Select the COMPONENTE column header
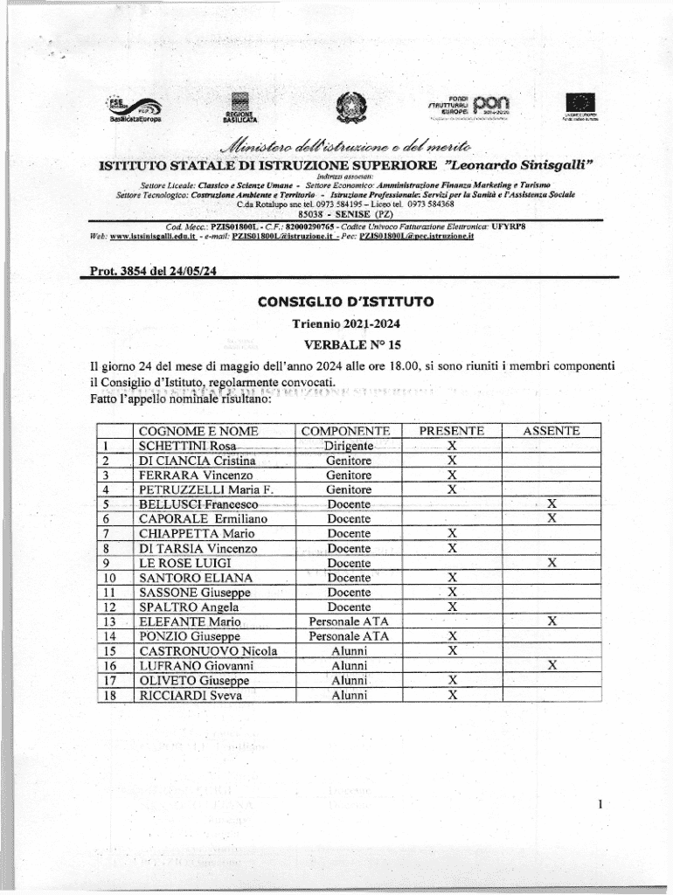(x=345, y=431)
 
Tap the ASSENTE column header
(x=551, y=431)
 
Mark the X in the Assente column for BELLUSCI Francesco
(x=551, y=504)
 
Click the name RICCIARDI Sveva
(x=190, y=696)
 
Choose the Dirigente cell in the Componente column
(x=348, y=446)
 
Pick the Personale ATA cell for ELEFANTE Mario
(x=349, y=621)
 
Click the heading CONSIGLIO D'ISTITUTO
(x=345, y=302)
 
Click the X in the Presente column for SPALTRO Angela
(x=452, y=607)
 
